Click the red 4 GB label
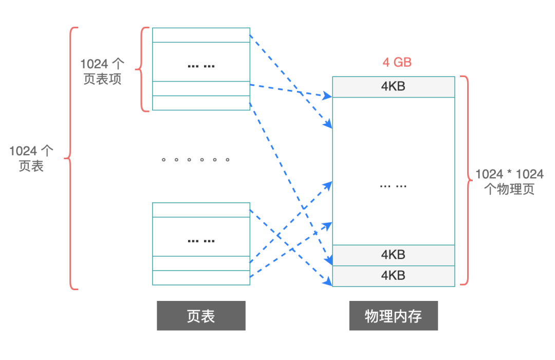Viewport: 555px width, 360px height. coord(397,63)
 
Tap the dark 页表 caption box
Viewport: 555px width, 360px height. coord(201,315)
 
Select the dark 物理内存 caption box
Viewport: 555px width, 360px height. coord(394,315)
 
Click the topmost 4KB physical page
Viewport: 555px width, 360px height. coord(394,87)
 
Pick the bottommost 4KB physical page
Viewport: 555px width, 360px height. coord(394,276)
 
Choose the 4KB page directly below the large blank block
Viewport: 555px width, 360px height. coord(394,255)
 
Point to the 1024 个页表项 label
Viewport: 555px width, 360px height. coord(102,71)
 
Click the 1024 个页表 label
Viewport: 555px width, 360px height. coord(31,158)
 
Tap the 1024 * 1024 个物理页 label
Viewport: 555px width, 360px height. coord(509,181)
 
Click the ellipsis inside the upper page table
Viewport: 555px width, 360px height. coord(201,66)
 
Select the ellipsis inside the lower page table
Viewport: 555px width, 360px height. coord(201,240)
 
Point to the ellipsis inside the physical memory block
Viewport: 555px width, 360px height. coord(393,185)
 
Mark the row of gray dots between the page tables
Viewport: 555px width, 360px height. coord(195,160)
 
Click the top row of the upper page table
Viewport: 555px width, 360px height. coord(201,35)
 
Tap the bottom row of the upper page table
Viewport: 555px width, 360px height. coord(201,103)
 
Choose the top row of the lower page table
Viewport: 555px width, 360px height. coord(201,210)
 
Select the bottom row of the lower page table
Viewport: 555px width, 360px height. coord(201,278)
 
